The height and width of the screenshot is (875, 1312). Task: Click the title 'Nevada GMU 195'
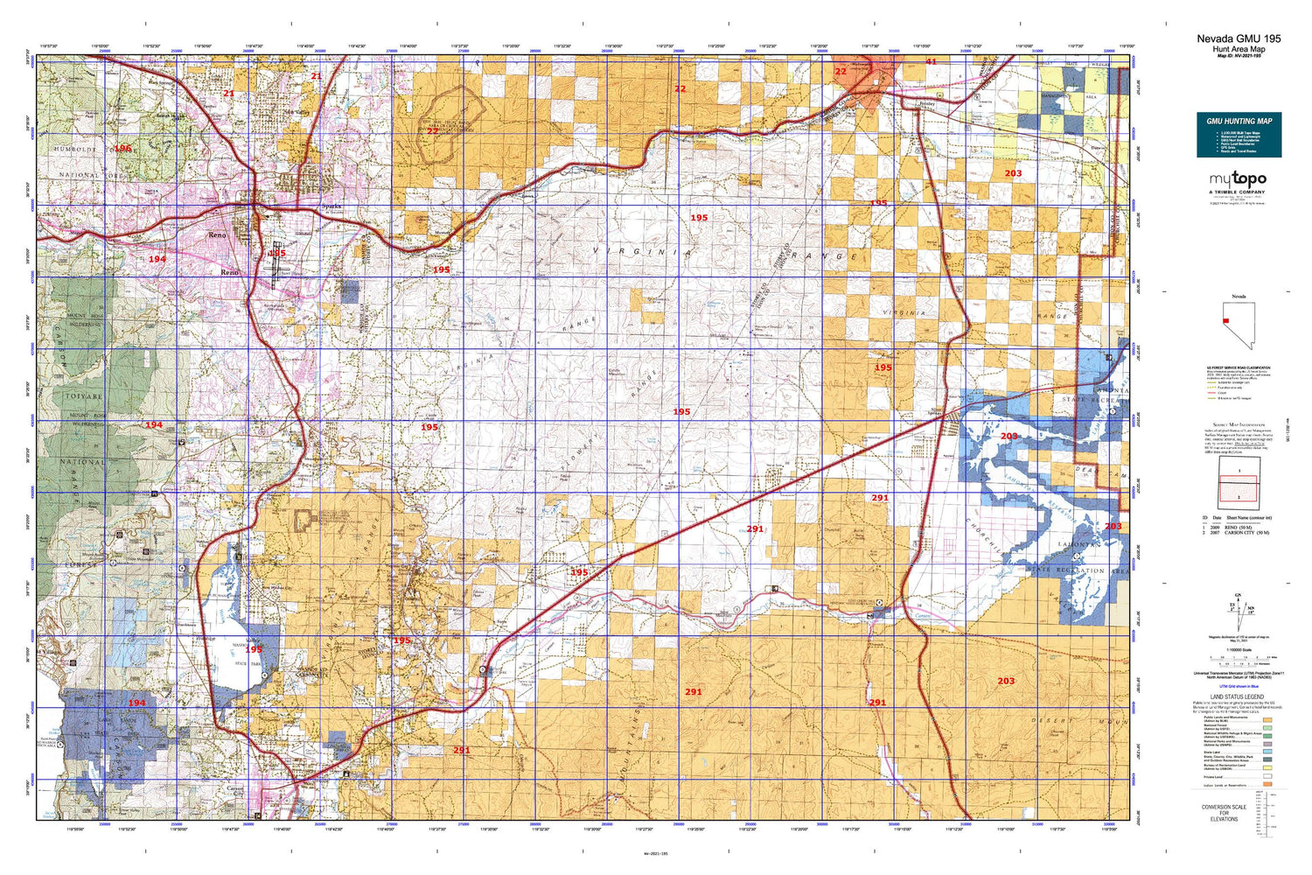pyautogui.click(x=1239, y=38)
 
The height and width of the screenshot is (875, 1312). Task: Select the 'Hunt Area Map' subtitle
pyautogui.click(x=1239, y=49)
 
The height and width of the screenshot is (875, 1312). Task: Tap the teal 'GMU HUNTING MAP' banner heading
pyautogui.click(x=1239, y=121)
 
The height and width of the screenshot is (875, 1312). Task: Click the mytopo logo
pyautogui.click(x=1238, y=179)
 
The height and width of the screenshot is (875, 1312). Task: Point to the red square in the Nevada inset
pyautogui.click(x=1227, y=320)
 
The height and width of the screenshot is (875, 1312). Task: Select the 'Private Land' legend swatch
pyautogui.click(x=1267, y=775)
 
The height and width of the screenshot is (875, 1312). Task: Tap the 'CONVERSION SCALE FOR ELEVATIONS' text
pyautogui.click(x=1224, y=813)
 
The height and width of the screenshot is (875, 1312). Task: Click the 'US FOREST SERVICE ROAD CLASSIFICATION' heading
pyautogui.click(x=1238, y=368)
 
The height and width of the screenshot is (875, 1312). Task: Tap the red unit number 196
pyautogui.click(x=122, y=149)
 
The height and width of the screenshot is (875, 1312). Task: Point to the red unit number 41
pyautogui.click(x=931, y=62)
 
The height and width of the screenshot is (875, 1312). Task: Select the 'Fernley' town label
pyautogui.click(x=928, y=103)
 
